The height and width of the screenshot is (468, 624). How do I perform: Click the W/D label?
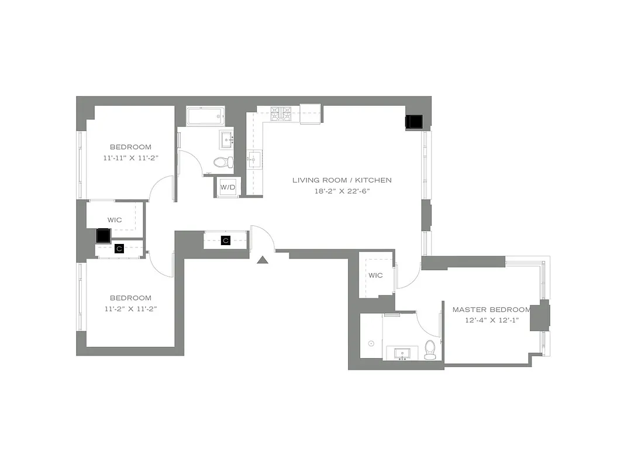coord(227,187)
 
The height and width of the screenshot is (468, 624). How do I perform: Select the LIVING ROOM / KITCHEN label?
coord(342,180)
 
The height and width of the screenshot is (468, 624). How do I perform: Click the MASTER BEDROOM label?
coord(491,309)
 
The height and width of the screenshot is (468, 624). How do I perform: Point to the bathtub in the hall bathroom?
coord(205,116)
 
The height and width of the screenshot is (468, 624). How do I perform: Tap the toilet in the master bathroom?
coord(430,349)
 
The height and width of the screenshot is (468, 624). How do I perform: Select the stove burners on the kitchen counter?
coord(282,114)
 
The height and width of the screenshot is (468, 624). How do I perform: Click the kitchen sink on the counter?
coord(254,159)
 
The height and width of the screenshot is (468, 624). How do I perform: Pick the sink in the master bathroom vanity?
coord(403,353)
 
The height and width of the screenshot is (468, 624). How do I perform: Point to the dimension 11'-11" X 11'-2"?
coord(130,158)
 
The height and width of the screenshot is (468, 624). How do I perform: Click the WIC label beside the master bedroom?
coord(375,276)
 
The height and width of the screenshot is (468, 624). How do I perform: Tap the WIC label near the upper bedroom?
coord(115,220)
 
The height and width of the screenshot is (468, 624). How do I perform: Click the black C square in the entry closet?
coord(226,240)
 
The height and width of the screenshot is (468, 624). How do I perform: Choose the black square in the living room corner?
coord(415,121)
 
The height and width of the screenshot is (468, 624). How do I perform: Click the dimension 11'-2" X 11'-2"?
coord(130,309)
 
